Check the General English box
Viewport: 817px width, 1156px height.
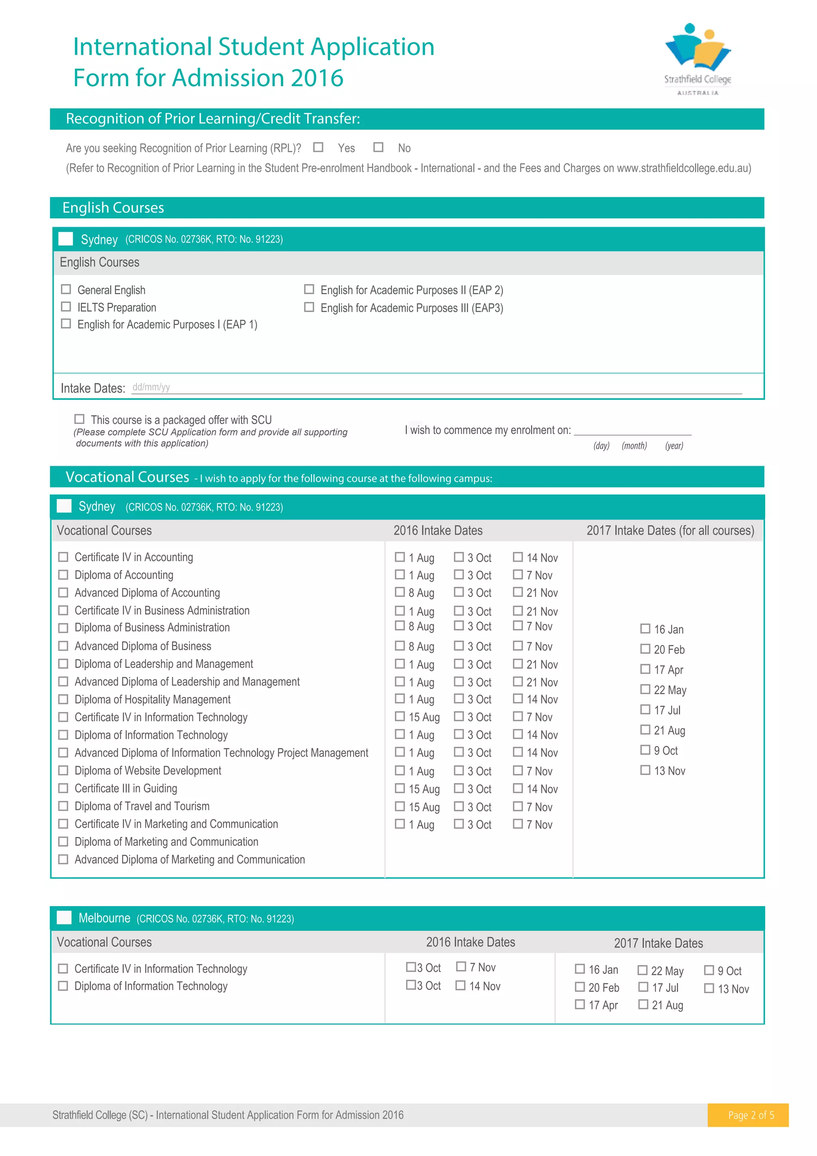click(66, 289)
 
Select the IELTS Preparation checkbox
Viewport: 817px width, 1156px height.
click(66, 307)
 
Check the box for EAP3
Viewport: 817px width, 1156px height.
click(309, 307)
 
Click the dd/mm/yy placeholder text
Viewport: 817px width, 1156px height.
click(151, 387)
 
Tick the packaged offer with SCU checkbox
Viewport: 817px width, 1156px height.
click(79, 419)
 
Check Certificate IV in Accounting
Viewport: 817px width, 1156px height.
click(63, 557)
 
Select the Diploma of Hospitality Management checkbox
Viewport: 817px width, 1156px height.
click(63, 699)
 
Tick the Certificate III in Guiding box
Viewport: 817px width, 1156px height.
click(63, 788)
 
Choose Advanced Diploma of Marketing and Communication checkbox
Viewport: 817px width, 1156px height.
click(63, 859)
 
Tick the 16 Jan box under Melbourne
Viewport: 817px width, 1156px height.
click(580, 969)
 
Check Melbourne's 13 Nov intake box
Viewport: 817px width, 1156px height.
click(709, 988)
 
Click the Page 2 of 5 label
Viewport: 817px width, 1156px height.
click(751, 1115)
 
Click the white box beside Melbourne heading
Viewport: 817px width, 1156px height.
click(64, 917)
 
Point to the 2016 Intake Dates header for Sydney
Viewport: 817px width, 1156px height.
click(438, 530)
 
